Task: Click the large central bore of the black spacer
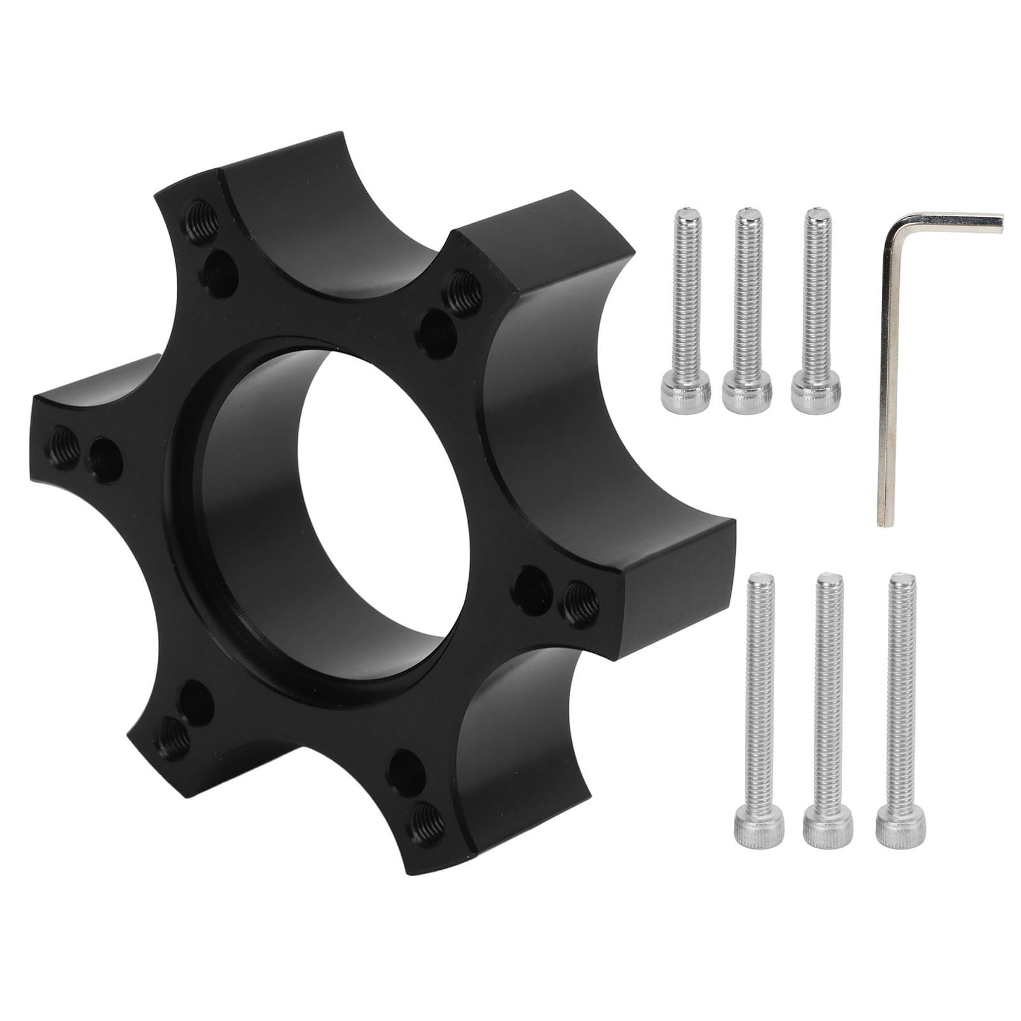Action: coord(376,504)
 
